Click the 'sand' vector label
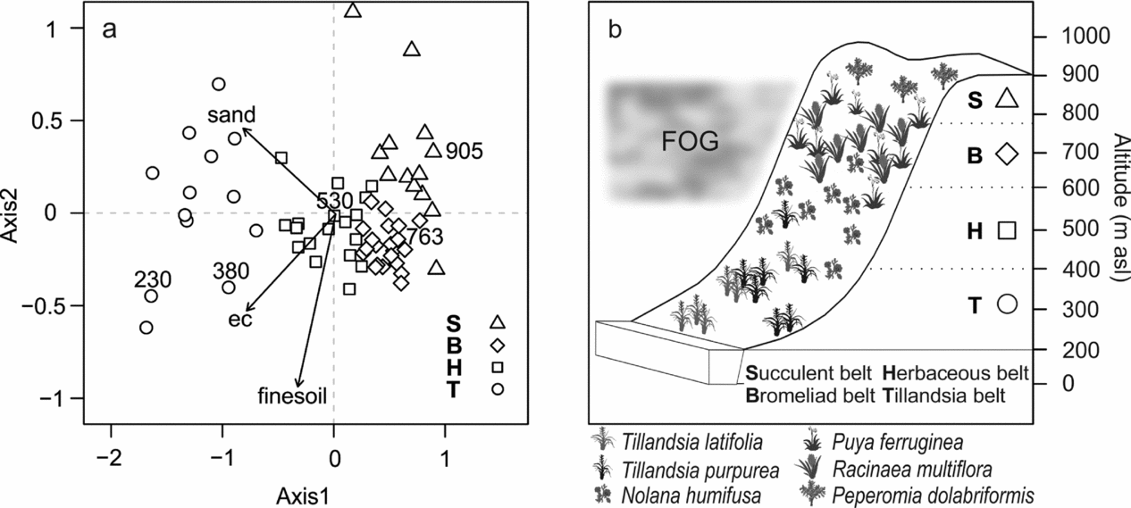tap(232, 114)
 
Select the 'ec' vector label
tap(239, 319)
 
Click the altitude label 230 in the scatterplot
tap(152, 279)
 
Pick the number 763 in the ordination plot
tap(423, 237)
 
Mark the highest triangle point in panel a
tap(353, 11)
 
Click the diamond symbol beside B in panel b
tap(1007, 154)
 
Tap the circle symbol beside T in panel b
tap(1007, 304)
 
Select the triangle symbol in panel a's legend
tap(498, 321)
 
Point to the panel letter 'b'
tap(615, 29)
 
